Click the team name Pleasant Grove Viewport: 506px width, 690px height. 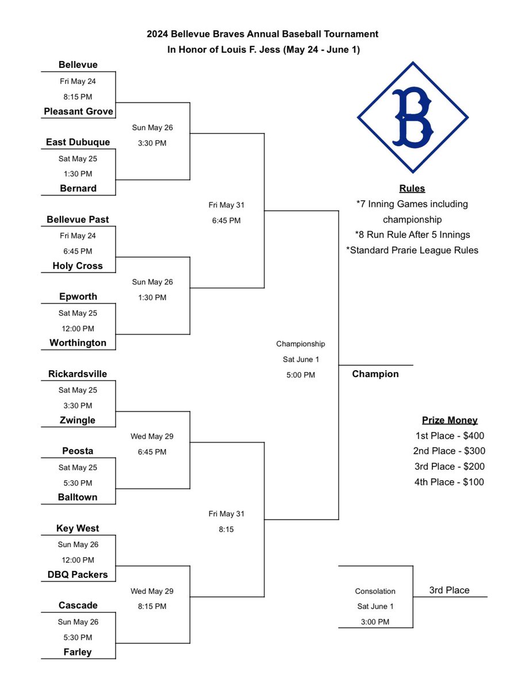(x=78, y=111)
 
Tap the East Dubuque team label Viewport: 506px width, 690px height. (x=78, y=142)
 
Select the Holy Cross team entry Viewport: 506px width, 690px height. (x=78, y=266)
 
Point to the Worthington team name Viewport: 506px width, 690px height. (x=78, y=343)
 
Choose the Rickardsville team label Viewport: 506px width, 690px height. (x=78, y=374)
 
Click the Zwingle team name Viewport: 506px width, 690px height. (x=78, y=420)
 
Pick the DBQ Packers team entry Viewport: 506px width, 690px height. (x=78, y=574)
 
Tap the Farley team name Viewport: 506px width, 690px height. (x=78, y=652)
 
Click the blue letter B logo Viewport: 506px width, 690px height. (x=413, y=117)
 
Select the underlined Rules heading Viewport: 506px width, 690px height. (x=412, y=189)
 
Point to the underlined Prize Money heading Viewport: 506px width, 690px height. (x=450, y=420)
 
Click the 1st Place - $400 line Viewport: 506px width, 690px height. (x=450, y=436)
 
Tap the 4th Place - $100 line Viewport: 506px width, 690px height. (x=450, y=482)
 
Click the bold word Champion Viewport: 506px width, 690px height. (x=375, y=374)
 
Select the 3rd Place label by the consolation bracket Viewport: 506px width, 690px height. (x=449, y=590)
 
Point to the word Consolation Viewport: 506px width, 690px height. (x=375, y=591)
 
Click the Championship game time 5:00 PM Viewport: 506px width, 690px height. (x=301, y=375)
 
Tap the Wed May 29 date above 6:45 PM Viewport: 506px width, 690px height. (x=152, y=436)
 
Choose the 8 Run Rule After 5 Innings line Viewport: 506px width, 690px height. (x=412, y=235)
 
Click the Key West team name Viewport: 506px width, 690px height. (x=78, y=528)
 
